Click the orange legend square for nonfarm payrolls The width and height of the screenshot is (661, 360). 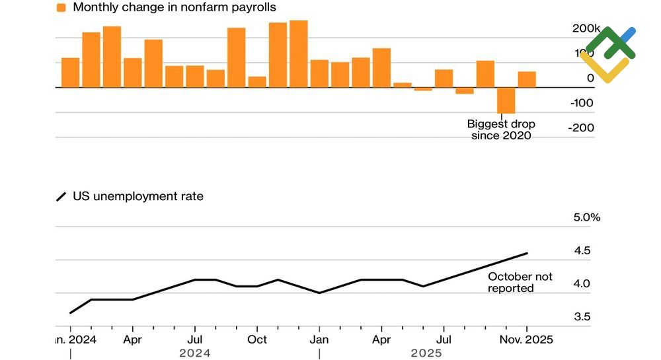61,8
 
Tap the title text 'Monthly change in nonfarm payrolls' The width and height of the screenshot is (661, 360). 175,8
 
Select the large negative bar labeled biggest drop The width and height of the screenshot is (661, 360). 506,100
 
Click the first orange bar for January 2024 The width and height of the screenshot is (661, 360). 71,73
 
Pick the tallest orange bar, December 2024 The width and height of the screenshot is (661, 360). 298,54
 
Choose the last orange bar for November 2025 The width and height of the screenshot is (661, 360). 527,79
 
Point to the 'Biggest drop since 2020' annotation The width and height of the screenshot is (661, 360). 501,129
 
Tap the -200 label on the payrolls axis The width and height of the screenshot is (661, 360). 582,128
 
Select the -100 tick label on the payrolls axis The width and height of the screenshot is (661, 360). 582,103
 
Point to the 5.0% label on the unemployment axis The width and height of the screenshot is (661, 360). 586,217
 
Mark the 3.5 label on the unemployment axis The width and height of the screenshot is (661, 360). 582,317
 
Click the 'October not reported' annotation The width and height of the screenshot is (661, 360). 520,283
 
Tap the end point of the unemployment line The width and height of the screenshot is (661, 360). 527,253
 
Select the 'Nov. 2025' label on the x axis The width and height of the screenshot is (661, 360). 527,340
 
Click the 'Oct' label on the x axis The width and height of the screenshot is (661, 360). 257,340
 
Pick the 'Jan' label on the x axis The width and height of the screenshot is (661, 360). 319,340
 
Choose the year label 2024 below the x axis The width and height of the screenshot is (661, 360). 195,353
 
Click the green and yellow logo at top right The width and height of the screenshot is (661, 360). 608,54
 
